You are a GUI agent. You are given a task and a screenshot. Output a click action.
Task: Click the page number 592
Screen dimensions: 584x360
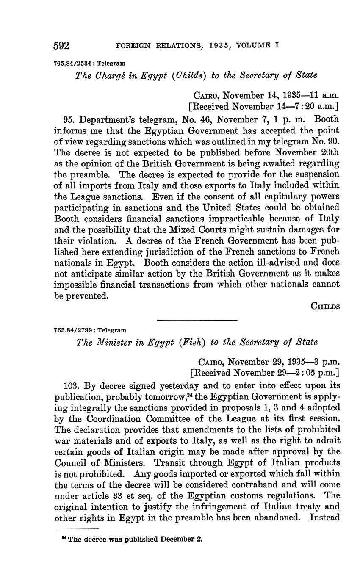(x=61, y=46)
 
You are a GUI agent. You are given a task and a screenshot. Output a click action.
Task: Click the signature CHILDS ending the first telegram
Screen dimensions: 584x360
(x=325, y=306)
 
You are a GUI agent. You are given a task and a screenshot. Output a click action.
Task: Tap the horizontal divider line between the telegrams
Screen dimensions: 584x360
(x=197, y=320)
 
